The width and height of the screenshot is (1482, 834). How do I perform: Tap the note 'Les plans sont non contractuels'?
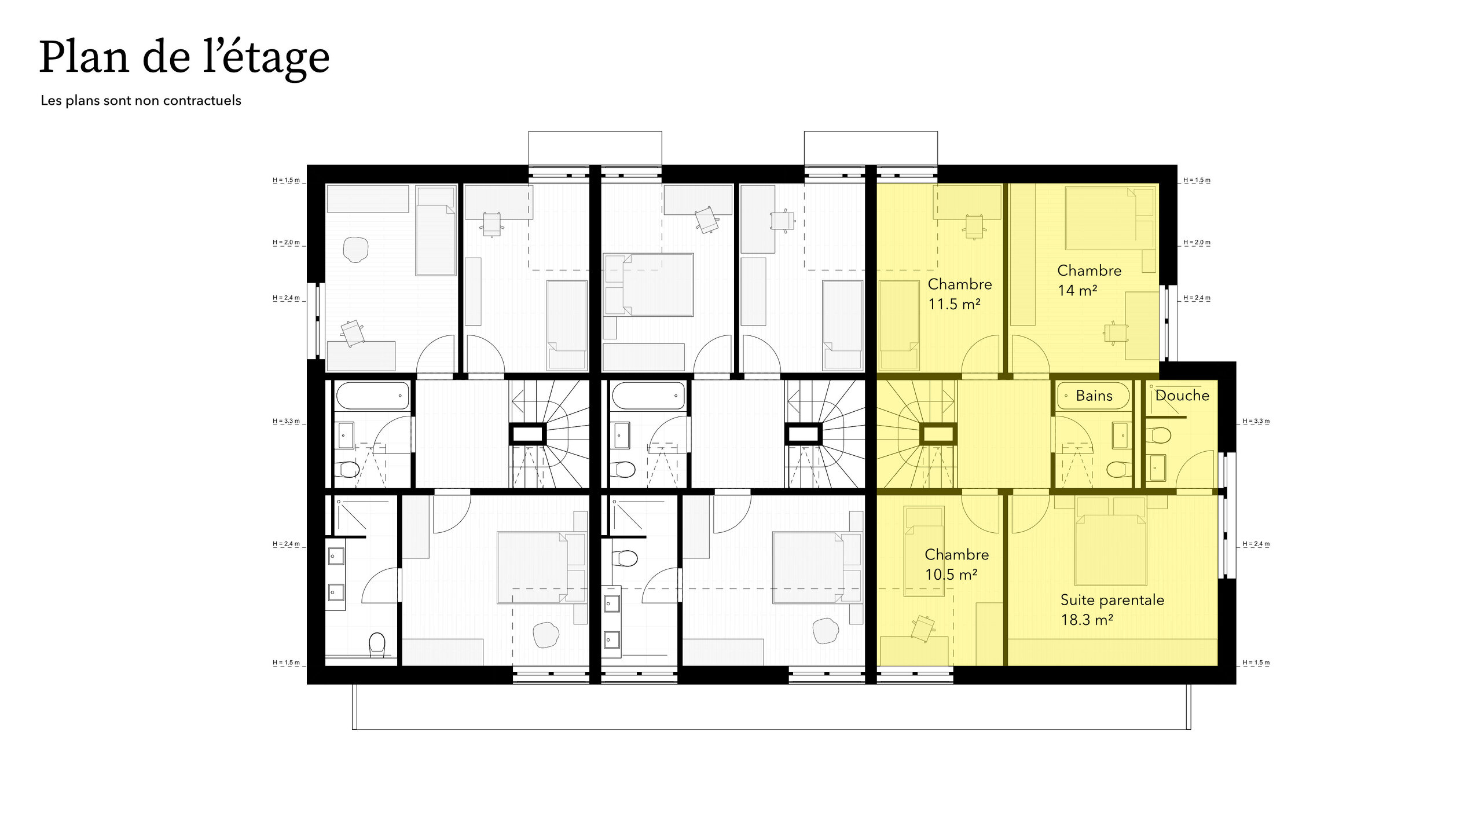click(x=141, y=100)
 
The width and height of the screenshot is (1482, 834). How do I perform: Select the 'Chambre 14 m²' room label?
click(x=1089, y=280)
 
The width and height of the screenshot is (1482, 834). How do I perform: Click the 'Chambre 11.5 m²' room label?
click(x=960, y=294)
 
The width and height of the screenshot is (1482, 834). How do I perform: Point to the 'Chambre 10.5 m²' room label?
click(x=956, y=565)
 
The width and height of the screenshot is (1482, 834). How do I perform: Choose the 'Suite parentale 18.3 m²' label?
click(x=1112, y=610)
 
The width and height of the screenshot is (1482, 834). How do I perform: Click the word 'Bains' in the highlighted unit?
click(x=1094, y=396)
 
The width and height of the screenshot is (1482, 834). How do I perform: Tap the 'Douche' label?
click(x=1182, y=396)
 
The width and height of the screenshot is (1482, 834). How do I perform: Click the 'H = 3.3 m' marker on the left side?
click(x=287, y=421)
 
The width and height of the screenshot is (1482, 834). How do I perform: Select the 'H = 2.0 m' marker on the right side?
click(x=1197, y=242)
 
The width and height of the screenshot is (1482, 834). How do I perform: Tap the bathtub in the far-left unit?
click(x=372, y=396)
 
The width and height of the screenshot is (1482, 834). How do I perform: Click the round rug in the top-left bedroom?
click(x=355, y=250)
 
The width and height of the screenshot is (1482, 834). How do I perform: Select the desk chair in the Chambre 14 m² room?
click(x=1116, y=334)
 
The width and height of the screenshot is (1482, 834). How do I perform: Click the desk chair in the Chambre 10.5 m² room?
click(x=923, y=628)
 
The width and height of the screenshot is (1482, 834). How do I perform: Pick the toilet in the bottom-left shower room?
click(x=377, y=645)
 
